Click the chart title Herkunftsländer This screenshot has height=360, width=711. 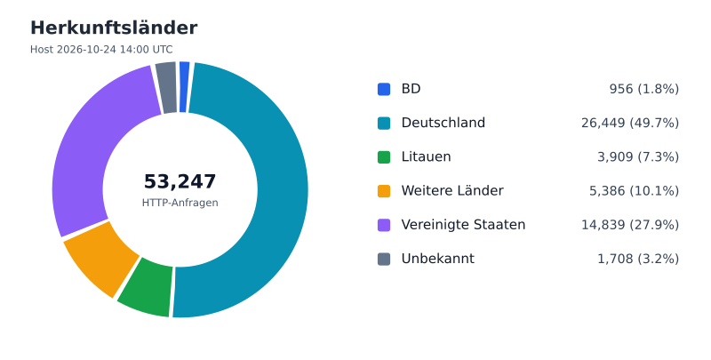point(114,28)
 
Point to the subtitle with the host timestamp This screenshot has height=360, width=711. point(101,50)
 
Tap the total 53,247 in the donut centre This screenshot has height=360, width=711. point(180,182)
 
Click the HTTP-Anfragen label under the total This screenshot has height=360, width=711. point(180,203)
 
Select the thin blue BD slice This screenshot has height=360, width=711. point(184,86)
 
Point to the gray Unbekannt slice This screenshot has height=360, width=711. point(167,87)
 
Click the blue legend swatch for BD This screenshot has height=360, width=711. point(384,89)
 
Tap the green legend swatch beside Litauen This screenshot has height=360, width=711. point(384,156)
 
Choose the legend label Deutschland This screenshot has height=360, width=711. point(443,123)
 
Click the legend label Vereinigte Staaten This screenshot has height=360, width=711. point(463,225)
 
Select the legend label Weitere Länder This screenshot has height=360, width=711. point(452,191)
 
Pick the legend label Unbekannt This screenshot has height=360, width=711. point(438,259)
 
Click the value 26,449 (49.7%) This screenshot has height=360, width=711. point(630,123)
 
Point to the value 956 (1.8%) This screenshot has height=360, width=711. point(643,89)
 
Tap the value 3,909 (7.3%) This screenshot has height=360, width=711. point(638,156)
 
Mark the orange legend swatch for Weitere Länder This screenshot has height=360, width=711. point(384,191)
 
